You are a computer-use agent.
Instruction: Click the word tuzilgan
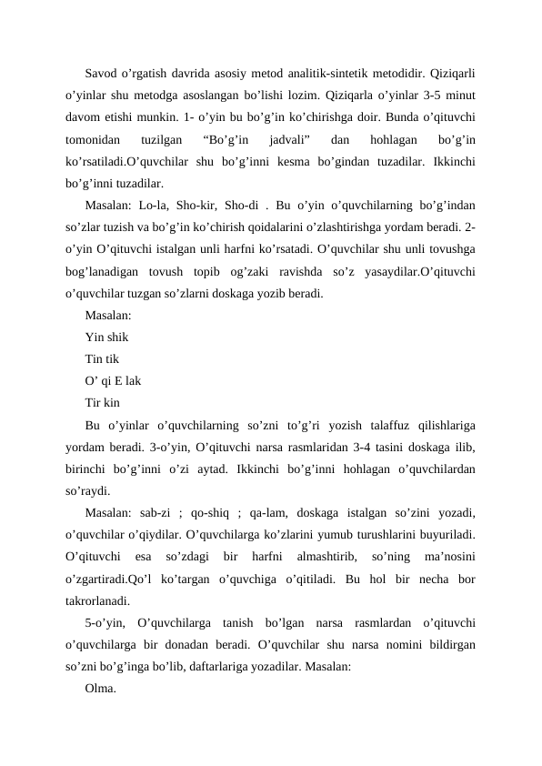click(x=166, y=139)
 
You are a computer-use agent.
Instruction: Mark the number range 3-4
click(x=342, y=447)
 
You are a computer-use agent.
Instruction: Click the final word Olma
click(x=100, y=689)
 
